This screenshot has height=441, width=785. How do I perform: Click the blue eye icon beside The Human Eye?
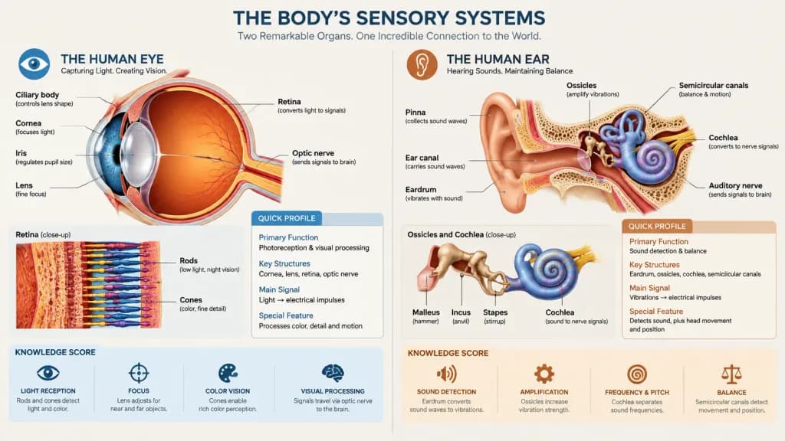click(x=34, y=64)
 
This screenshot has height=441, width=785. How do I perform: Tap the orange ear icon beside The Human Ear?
click(x=422, y=64)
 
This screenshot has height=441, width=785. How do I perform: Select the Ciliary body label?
click(x=37, y=95)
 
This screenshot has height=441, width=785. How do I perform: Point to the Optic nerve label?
click(x=313, y=153)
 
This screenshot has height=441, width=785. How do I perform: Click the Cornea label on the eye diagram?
click(x=28, y=123)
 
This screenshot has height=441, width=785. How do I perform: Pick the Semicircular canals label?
click(x=714, y=86)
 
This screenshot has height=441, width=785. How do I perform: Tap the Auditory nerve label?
click(x=735, y=185)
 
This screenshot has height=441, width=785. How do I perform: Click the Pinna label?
click(x=415, y=113)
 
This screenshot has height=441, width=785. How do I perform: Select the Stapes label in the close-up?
click(x=495, y=312)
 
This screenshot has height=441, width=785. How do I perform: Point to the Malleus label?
click(x=426, y=312)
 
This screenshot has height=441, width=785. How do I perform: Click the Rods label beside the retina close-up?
click(x=189, y=260)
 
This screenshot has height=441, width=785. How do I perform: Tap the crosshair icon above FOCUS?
click(x=139, y=373)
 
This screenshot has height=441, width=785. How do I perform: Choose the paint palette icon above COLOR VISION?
click(x=228, y=374)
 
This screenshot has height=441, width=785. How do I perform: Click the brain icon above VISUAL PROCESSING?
click(x=333, y=373)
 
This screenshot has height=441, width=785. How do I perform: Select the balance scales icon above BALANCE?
click(x=731, y=374)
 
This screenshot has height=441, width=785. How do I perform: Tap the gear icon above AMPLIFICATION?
click(x=544, y=374)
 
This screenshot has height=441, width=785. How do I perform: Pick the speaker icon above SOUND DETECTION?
click(x=446, y=374)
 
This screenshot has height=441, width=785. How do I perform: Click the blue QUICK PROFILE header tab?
click(x=287, y=218)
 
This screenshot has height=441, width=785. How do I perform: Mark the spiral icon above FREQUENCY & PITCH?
click(x=637, y=374)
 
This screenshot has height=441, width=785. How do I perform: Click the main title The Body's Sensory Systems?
click(x=389, y=18)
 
